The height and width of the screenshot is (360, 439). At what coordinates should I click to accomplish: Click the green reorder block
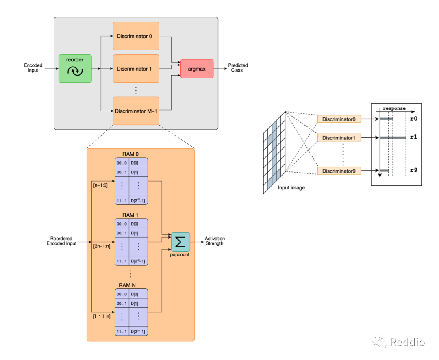75,69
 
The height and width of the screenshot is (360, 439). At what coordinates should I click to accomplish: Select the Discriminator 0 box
136,36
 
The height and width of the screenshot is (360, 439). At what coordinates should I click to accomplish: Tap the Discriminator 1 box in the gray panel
136,69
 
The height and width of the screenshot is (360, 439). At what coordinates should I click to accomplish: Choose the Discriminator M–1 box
136,111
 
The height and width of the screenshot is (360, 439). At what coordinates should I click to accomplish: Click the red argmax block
197,69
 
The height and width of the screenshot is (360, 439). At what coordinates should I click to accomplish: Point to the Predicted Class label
238,68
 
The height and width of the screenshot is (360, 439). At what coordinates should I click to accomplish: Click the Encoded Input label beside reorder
33,68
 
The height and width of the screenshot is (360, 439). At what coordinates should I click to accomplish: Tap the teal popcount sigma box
180,242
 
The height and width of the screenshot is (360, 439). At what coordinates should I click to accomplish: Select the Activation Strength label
215,241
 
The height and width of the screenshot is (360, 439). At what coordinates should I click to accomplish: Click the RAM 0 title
130,154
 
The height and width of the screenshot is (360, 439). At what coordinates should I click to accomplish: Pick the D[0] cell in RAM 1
138,223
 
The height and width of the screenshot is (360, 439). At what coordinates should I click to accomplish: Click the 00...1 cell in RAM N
122,304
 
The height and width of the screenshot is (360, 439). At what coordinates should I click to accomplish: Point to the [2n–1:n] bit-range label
102,246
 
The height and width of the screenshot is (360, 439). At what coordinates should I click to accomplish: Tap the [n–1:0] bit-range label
100,185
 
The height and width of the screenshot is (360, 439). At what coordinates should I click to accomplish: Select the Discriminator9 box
339,171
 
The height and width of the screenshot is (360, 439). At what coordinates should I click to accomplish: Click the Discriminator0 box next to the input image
339,119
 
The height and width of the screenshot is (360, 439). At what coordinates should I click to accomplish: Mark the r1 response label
413,137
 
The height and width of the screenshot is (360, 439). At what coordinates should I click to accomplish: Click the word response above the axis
394,108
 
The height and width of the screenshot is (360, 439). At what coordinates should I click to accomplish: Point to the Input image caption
291,188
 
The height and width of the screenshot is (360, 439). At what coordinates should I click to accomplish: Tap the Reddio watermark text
407,342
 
